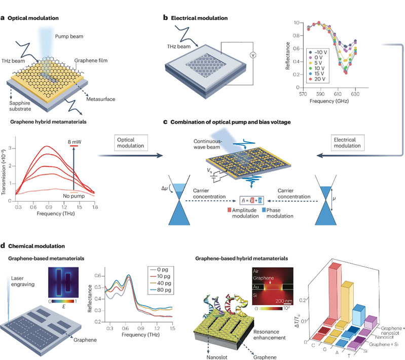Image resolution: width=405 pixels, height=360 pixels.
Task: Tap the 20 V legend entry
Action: [x=319, y=80]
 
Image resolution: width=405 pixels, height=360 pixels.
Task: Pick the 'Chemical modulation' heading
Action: [x=36, y=246]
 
